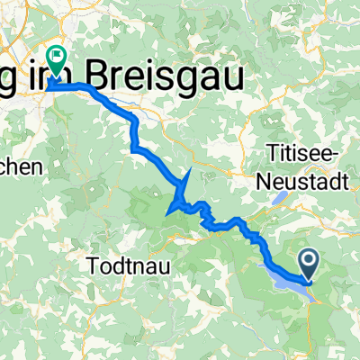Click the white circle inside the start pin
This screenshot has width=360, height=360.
pos(308,261)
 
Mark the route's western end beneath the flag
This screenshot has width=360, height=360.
pos(49,87)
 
